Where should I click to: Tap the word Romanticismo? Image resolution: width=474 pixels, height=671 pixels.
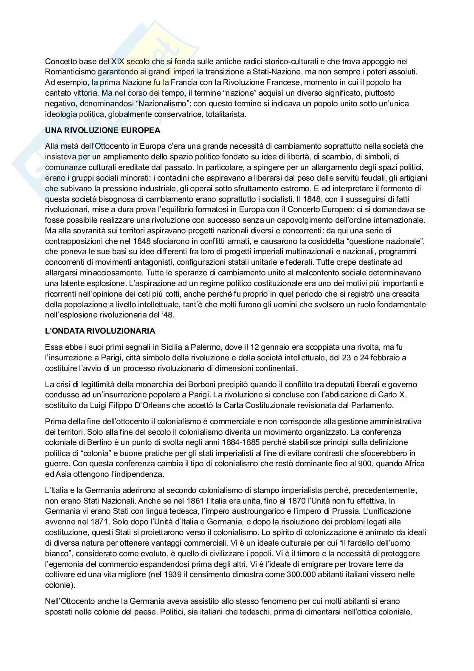pyautogui.click(x=69, y=72)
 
